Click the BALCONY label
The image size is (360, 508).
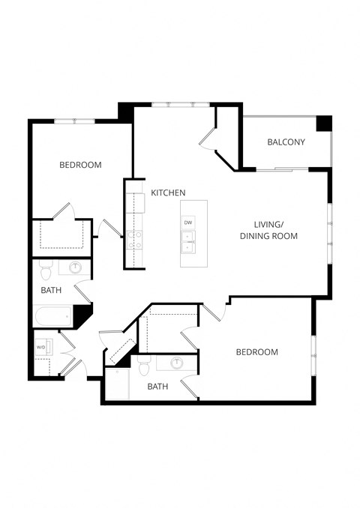286,142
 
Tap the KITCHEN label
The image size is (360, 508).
168,193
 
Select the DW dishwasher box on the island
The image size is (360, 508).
188,223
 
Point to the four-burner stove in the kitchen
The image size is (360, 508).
134,240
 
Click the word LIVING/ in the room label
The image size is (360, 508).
268,224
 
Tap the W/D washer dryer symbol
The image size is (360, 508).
40,347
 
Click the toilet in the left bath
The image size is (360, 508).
45,268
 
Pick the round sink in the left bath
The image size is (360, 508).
75,267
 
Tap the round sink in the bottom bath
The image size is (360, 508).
176,364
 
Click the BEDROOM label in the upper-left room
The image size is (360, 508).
80,165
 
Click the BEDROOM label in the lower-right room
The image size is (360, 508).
256,352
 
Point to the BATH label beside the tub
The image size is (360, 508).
51,289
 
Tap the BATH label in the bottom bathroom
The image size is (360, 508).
157,387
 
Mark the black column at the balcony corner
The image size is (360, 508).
323,124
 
